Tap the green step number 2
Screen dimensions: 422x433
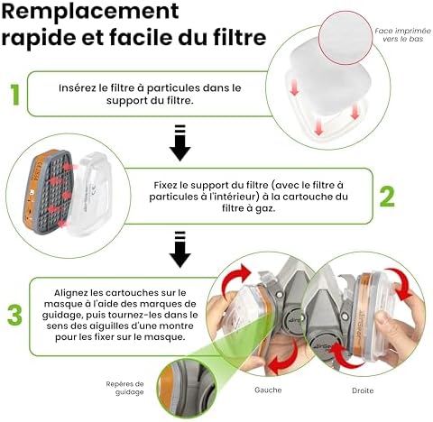pyautogui.click(x=385, y=195)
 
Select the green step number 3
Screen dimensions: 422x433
pyautogui.click(x=14, y=315)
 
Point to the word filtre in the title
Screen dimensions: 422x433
pyautogui.click(x=233, y=39)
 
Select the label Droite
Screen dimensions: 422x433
pyautogui.click(x=364, y=390)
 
